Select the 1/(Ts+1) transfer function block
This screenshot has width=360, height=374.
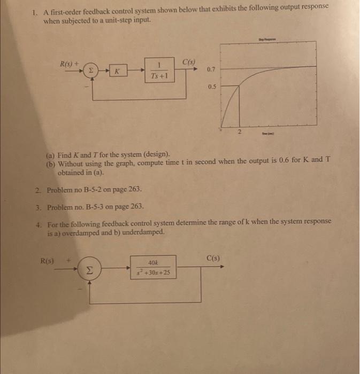(159, 71)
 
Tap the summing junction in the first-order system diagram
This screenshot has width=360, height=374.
(91, 70)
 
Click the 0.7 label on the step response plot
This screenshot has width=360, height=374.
(211, 69)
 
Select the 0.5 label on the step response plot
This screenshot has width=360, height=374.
(211, 86)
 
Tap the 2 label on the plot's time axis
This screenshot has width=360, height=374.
(239, 132)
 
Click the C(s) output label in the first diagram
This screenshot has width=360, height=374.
(189, 63)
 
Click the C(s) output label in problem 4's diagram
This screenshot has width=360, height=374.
(213, 259)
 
